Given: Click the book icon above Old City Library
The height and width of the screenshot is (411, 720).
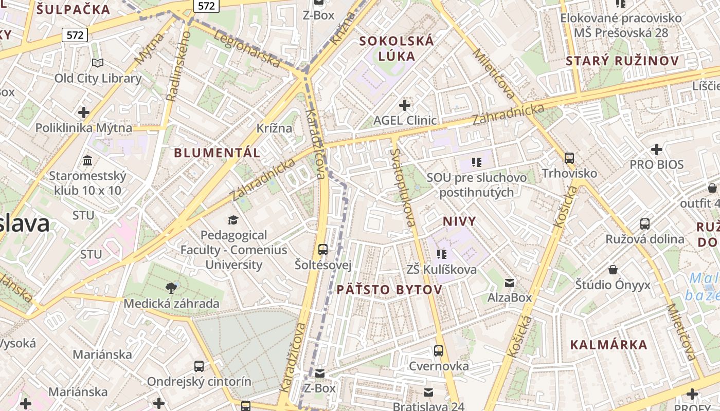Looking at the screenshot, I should [98, 63].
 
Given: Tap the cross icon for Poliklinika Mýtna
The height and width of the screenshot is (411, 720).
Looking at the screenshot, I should [83, 113].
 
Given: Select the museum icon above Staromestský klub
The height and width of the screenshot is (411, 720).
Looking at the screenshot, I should [87, 161].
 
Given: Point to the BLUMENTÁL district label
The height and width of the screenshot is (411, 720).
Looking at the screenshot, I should [217, 153].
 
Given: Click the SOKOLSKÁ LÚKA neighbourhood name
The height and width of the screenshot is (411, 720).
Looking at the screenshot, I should [397, 48].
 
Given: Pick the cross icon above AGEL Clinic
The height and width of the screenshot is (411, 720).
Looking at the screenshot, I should [405, 105].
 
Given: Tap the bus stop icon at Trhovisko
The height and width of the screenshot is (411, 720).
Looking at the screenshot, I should [569, 158].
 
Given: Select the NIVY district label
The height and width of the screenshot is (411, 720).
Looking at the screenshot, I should [459, 221].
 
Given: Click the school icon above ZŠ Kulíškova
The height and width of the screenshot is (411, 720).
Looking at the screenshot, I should [441, 254].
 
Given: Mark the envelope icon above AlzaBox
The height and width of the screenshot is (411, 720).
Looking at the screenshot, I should [510, 283].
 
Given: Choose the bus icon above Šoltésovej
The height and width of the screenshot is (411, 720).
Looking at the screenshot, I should [323, 250].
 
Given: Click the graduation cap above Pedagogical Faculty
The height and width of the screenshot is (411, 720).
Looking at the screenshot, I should [233, 220].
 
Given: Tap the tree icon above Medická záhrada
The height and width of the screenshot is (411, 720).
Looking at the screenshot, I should [171, 288].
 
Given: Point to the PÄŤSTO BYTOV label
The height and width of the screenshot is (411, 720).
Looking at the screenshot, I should [389, 290].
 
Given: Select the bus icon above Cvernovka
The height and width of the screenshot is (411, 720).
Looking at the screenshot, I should [439, 351].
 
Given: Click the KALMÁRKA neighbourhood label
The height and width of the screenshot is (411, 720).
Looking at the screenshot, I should [608, 344].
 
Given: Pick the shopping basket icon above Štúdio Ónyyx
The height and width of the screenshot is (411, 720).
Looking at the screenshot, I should [613, 270].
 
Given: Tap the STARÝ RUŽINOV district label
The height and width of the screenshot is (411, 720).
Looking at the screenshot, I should [622, 61].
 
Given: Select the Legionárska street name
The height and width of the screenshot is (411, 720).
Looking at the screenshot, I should [246, 49].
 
